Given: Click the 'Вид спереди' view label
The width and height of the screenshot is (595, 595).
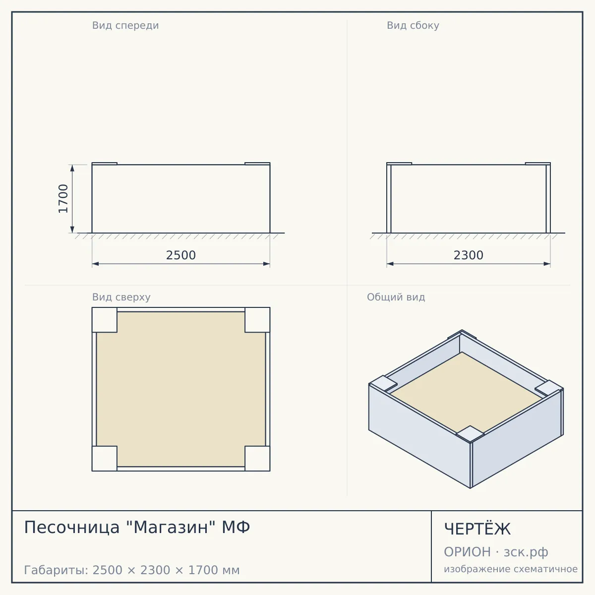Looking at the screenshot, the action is (125, 26).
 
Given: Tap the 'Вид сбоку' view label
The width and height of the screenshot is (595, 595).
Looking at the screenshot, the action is (413, 25).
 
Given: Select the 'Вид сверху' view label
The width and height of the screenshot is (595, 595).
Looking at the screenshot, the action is (121, 297).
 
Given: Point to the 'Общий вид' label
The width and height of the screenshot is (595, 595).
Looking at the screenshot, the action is (396, 297).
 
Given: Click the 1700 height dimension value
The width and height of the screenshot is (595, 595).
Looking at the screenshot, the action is (63, 198).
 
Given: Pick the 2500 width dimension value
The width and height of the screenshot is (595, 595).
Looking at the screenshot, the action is (181, 255).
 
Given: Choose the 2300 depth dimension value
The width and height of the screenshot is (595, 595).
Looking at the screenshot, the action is (469, 255).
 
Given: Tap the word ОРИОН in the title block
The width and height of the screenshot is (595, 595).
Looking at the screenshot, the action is (467, 552).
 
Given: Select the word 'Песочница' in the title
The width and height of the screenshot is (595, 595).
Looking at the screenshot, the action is (71, 528).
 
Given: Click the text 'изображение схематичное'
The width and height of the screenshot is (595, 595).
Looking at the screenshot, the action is (511, 569).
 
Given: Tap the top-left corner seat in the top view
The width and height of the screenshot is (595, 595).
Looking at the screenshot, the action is (104, 320).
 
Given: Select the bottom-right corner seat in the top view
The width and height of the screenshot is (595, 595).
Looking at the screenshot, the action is (257, 459).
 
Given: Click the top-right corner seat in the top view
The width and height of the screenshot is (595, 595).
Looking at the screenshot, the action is (257, 320).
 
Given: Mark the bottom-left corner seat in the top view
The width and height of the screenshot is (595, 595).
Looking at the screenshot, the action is (104, 459).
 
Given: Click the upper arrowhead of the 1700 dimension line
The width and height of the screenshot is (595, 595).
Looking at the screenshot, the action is (72, 168).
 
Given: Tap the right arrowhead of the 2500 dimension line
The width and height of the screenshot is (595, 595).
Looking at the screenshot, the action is (266, 264).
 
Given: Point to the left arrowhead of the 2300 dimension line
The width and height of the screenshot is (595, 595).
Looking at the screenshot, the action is (390, 264).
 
